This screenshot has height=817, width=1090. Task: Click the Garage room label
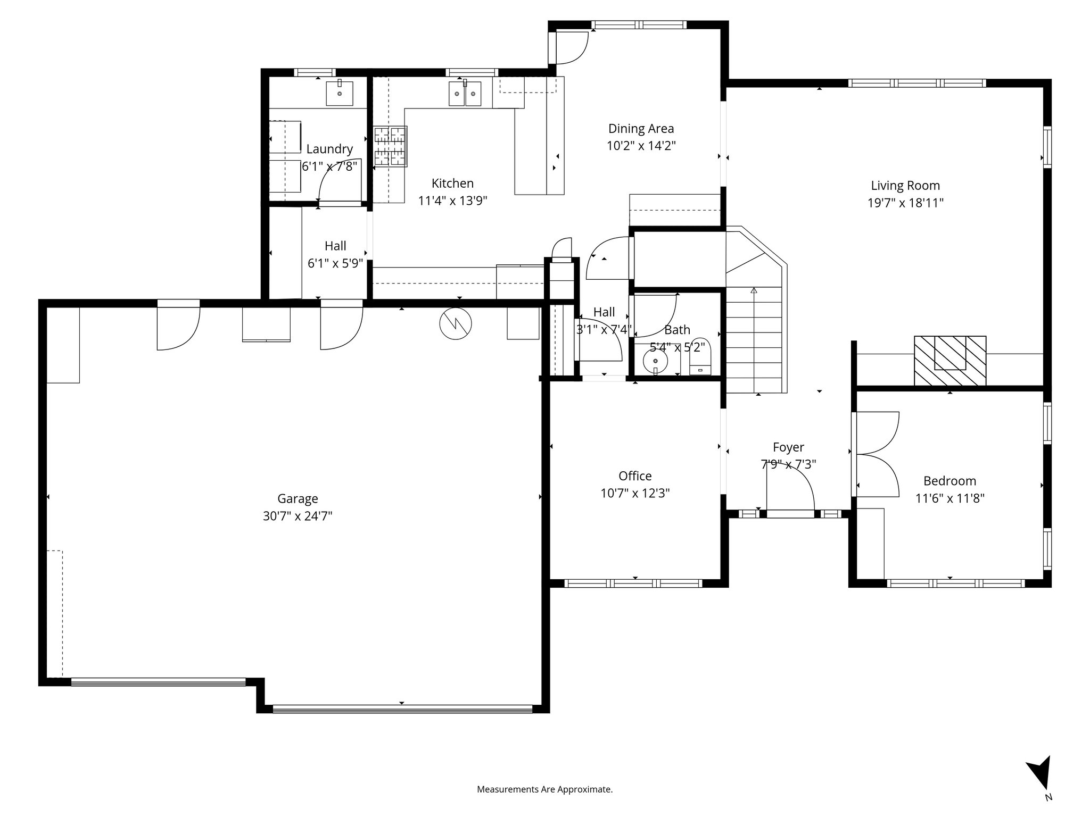[298, 498]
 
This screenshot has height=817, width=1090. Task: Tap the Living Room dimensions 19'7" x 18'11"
[905, 203]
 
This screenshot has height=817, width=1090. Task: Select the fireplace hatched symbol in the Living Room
[950, 360]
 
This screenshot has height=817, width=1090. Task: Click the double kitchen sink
[465, 94]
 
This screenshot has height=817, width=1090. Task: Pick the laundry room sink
[339, 94]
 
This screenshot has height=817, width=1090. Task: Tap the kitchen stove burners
[390, 146]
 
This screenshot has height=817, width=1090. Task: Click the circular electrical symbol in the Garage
[456, 323]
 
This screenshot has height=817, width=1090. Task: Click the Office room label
[635, 476]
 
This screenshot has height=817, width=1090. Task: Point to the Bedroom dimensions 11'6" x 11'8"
[949, 498]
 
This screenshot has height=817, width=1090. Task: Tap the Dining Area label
[641, 129]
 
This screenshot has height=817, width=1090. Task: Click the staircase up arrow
[754, 291]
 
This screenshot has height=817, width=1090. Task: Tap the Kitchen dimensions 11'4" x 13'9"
[452, 201]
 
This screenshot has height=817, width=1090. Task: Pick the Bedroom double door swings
[877, 455]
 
